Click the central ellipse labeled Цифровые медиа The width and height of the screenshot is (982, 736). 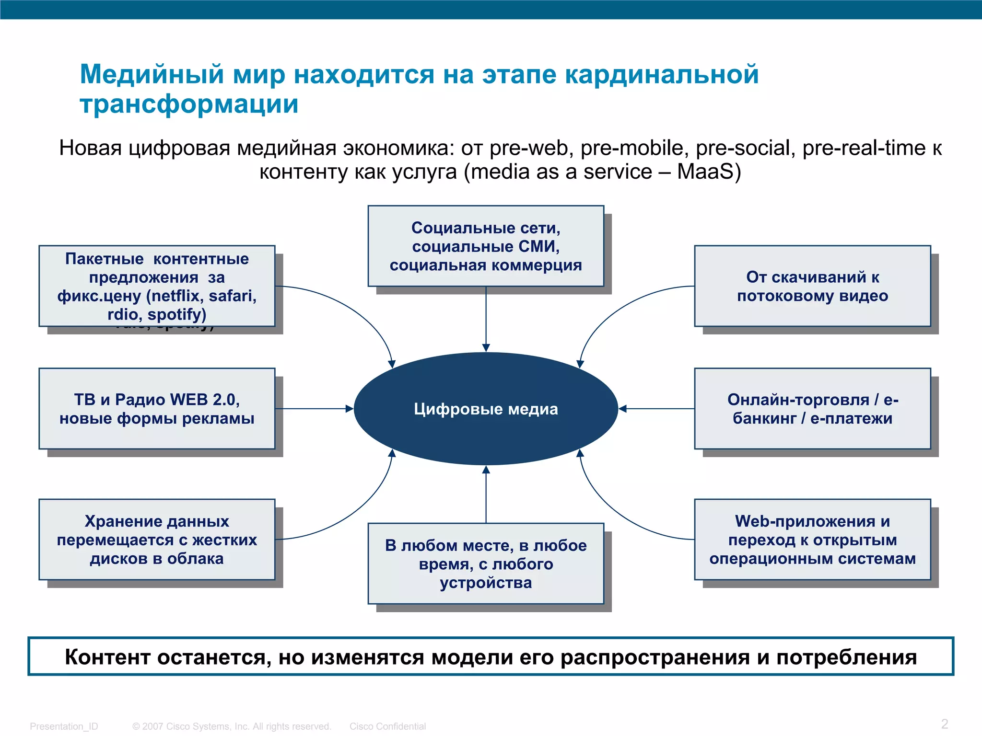pos(486,409)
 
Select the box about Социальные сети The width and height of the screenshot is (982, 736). pos(486,246)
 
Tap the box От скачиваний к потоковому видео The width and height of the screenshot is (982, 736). pos(812,286)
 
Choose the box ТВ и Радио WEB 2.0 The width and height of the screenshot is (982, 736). pos(157,409)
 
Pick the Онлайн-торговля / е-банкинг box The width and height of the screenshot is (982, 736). pos(812,409)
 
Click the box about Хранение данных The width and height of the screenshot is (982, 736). pos(157,540)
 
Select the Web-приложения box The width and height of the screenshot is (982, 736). pos(812,540)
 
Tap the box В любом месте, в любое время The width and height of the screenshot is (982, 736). pos(486,563)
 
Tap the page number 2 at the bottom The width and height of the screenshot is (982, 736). pos(944,724)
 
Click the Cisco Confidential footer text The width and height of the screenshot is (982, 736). pos(387,726)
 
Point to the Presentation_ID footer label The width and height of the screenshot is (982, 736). pos(64,726)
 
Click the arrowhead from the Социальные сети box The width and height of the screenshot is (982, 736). pos(486,347)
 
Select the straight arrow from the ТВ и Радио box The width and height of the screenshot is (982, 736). pos(314,409)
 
